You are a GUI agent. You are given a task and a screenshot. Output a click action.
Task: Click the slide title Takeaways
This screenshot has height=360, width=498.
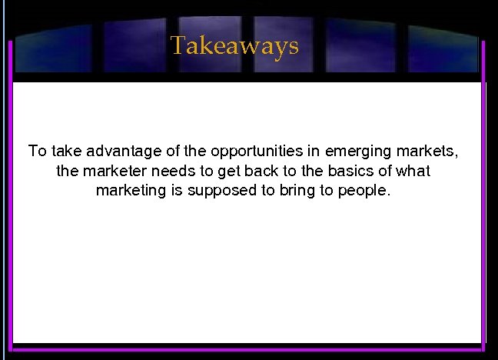234,46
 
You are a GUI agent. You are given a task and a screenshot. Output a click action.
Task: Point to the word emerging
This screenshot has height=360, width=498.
364,151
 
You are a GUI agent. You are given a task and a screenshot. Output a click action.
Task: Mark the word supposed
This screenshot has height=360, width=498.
219,191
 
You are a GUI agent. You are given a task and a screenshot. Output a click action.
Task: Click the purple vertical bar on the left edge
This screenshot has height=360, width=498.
10,192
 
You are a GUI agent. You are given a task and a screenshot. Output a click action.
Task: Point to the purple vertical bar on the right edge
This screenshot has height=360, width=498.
483,192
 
